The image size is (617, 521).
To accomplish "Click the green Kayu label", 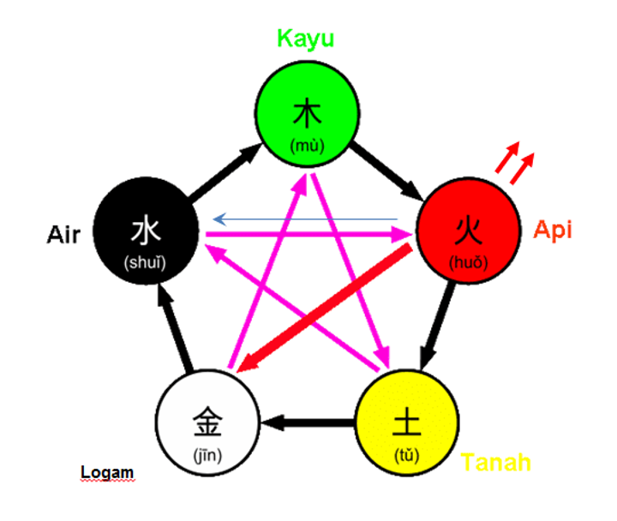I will (306, 39).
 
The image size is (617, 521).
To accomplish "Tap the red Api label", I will (553, 230).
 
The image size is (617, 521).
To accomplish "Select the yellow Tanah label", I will (496, 463).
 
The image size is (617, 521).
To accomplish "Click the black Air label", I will (64, 234).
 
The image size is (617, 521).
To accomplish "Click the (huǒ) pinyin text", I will (468, 261).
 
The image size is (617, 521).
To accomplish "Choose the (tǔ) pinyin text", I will (406, 453).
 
